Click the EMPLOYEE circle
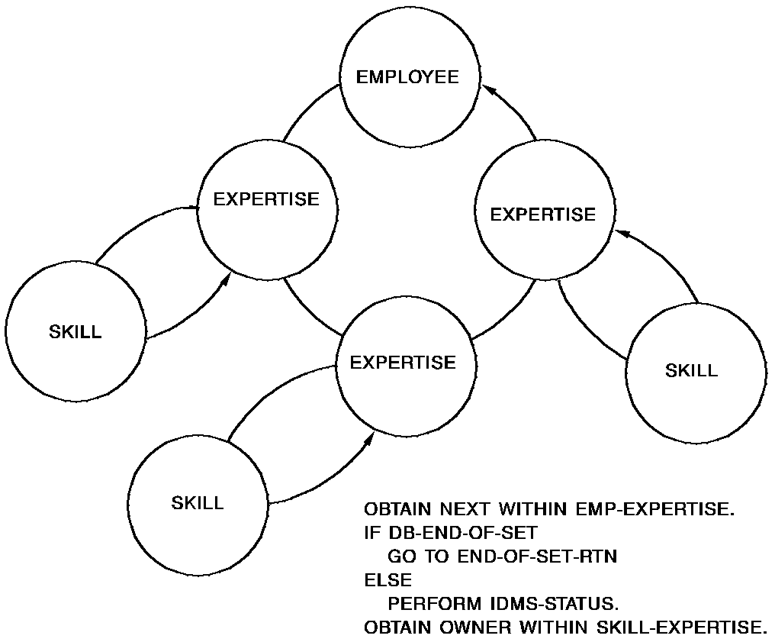point(409,78)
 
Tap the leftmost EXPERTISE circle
point(266,200)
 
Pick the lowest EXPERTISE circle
point(403,362)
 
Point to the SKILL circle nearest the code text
point(198,503)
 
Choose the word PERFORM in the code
point(429,605)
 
